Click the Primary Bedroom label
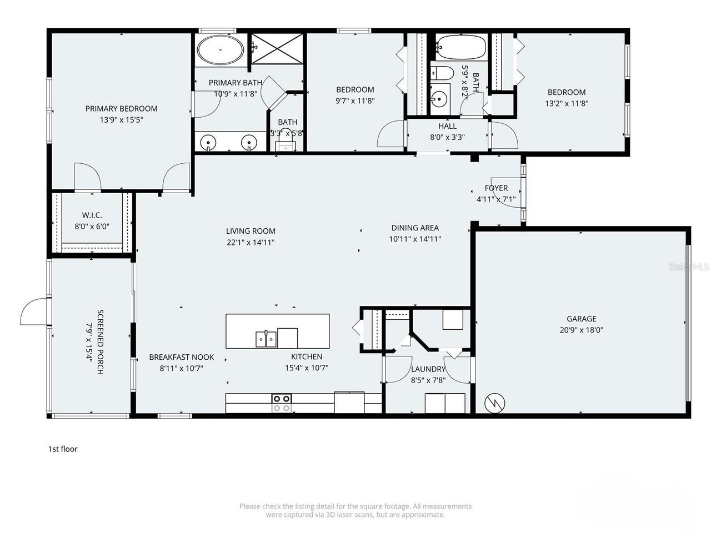[121, 109]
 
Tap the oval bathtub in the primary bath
[221, 50]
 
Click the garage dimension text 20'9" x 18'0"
[582, 330]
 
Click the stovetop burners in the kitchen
[282, 403]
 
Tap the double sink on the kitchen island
[266, 338]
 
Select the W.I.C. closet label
[92, 215]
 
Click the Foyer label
[496, 188]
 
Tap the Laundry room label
[428, 369]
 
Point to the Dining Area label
[415, 228]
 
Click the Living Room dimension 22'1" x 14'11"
[251, 242]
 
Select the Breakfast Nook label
[181, 357]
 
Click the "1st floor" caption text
[63, 449]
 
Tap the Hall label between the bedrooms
[447, 126]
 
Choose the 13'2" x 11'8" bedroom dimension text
[567, 103]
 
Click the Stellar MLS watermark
[689, 267]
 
